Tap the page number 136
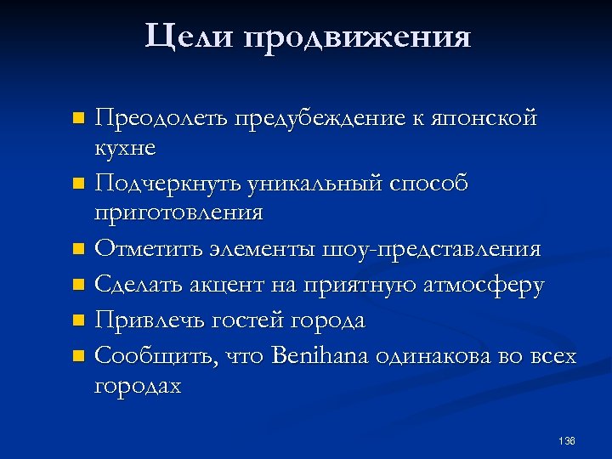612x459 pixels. [x=568, y=440]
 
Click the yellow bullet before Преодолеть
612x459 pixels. [x=78, y=116]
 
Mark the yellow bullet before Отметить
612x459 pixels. [x=78, y=249]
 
